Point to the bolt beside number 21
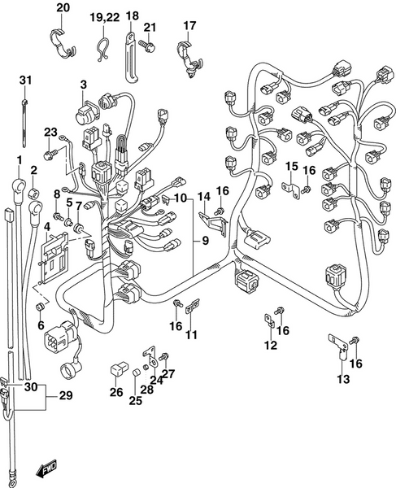point(149,48)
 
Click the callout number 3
point(83,85)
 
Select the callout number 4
point(47,227)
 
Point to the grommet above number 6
point(40,307)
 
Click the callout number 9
point(205,241)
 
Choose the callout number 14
point(204,197)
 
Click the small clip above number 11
point(192,308)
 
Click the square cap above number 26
point(116,373)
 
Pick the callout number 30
point(31,387)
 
